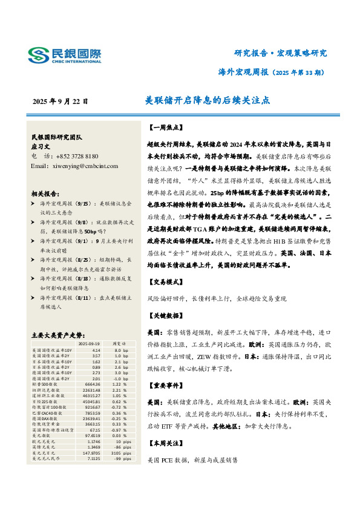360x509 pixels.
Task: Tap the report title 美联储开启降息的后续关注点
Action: tap(208, 101)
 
